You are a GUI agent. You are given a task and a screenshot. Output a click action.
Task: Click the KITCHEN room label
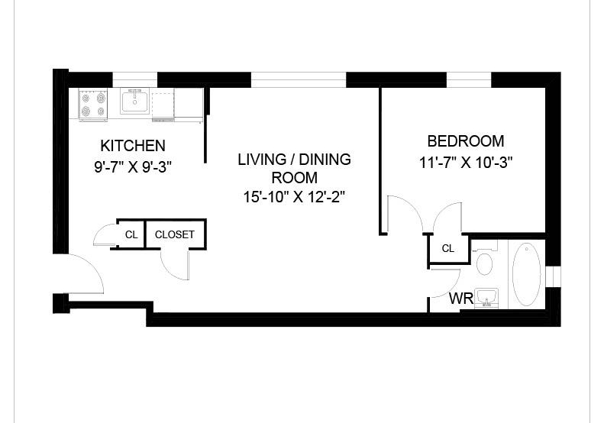click(x=133, y=146)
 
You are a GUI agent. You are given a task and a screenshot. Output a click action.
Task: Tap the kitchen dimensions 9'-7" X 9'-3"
click(x=133, y=166)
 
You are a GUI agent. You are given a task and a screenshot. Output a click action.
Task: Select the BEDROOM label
click(x=466, y=141)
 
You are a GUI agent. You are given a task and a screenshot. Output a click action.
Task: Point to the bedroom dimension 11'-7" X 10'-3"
click(x=466, y=163)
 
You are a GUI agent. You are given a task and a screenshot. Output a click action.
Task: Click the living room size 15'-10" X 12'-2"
click(x=294, y=197)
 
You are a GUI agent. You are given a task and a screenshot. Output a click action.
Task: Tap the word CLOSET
click(x=175, y=234)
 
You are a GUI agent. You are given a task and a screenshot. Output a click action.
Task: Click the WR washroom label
click(x=461, y=299)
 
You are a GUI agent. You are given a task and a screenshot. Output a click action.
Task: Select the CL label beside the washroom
click(x=448, y=248)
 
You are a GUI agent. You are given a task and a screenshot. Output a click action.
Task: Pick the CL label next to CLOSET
click(x=131, y=234)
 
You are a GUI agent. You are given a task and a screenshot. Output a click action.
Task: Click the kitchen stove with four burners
click(x=93, y=105)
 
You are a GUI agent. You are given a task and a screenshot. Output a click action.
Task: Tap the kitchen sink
click(x=134, y=101)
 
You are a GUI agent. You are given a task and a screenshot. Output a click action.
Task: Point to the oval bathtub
click(x=526, y=274)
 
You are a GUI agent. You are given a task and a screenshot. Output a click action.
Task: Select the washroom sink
click(x=486, y=298)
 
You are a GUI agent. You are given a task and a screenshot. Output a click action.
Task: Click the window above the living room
click(x=299, y=79)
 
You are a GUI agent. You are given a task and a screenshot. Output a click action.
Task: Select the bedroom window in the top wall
click(x=469, y=79)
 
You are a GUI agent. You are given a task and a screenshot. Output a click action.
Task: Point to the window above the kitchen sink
click(x=135, y=79)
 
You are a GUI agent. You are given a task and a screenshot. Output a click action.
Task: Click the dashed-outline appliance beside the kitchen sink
click(x=163, y=105)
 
